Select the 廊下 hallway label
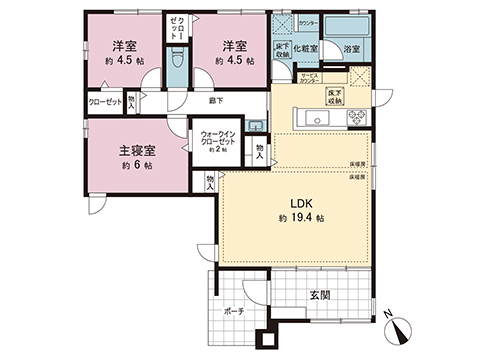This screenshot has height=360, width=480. click(x=216, y=100)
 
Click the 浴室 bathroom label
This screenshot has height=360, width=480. click(x=352, y=48)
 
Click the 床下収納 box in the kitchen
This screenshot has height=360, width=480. click(x=335, y=96)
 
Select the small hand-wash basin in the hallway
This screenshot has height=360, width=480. click(x=256, y=123)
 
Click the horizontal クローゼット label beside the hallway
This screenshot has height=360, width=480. click(x=107, y=102)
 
